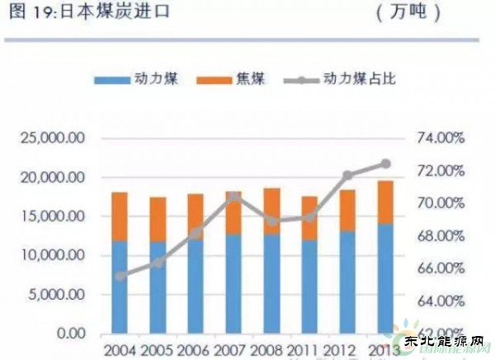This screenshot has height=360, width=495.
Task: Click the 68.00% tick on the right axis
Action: point(441,236)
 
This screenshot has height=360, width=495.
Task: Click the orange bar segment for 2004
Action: point(120,216)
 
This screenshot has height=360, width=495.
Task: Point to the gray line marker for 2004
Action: point(120,276)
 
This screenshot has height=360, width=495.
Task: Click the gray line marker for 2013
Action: point(385,163)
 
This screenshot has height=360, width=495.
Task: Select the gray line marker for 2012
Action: point(347,175)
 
